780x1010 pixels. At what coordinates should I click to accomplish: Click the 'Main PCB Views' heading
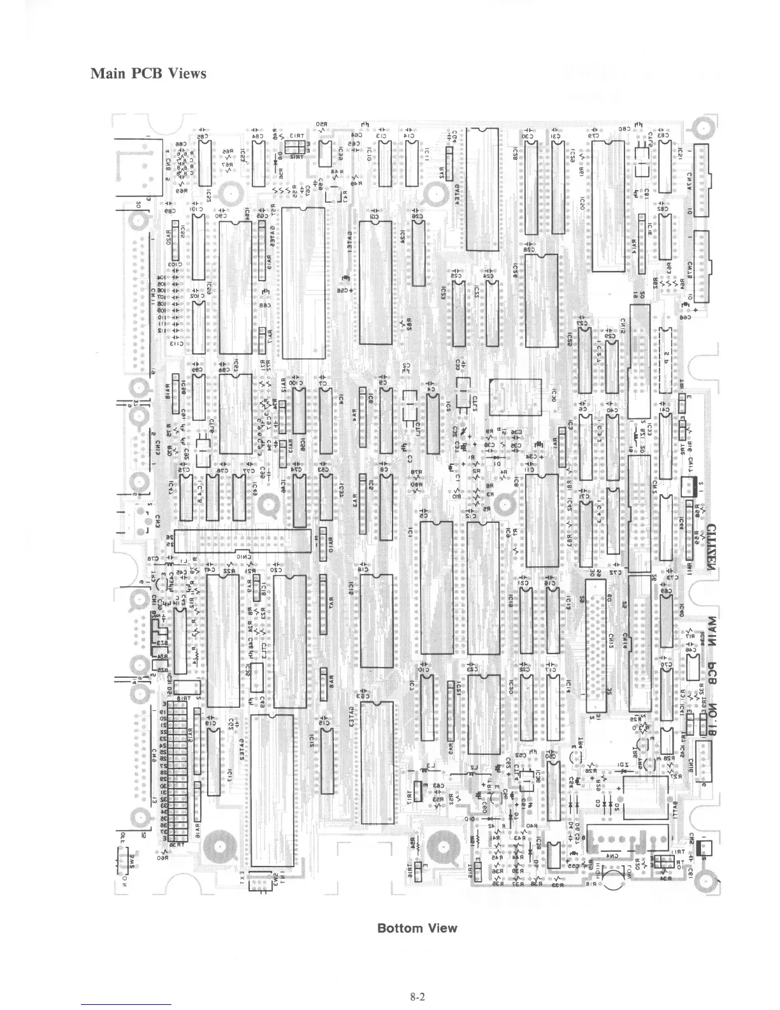pyautogui.click(x=148, y=73)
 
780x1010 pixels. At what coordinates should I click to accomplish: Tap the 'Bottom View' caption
pyautogui.click(x=417, y=927)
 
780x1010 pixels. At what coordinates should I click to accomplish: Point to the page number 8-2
pyautogui.click(x=417, y=997)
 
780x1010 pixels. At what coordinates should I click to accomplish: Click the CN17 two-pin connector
pyautogui.click(x=690, y=488)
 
